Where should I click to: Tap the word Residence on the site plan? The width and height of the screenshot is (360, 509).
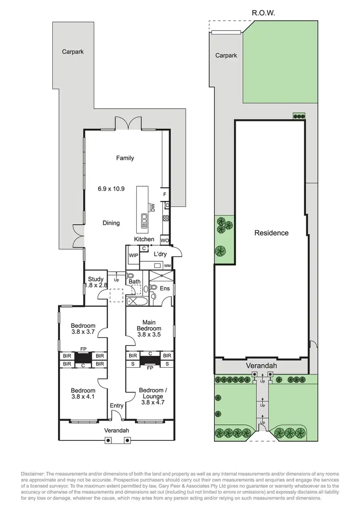(x=271, y=233)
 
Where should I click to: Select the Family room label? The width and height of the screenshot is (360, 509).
(x=125, y=158)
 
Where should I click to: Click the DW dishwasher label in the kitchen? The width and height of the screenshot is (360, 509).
(x=153, y=207)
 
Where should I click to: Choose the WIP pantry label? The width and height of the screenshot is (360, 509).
(x=133, y=255)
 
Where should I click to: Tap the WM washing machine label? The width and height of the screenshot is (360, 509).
(x=168, y=266)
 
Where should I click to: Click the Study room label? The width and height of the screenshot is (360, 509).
(x=94, y=279)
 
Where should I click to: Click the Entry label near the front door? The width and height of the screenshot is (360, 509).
(x=117, y=406)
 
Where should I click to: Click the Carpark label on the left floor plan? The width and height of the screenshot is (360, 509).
(x=72, y=51)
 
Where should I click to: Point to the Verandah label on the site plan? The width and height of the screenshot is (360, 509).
(x=262, y=366)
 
